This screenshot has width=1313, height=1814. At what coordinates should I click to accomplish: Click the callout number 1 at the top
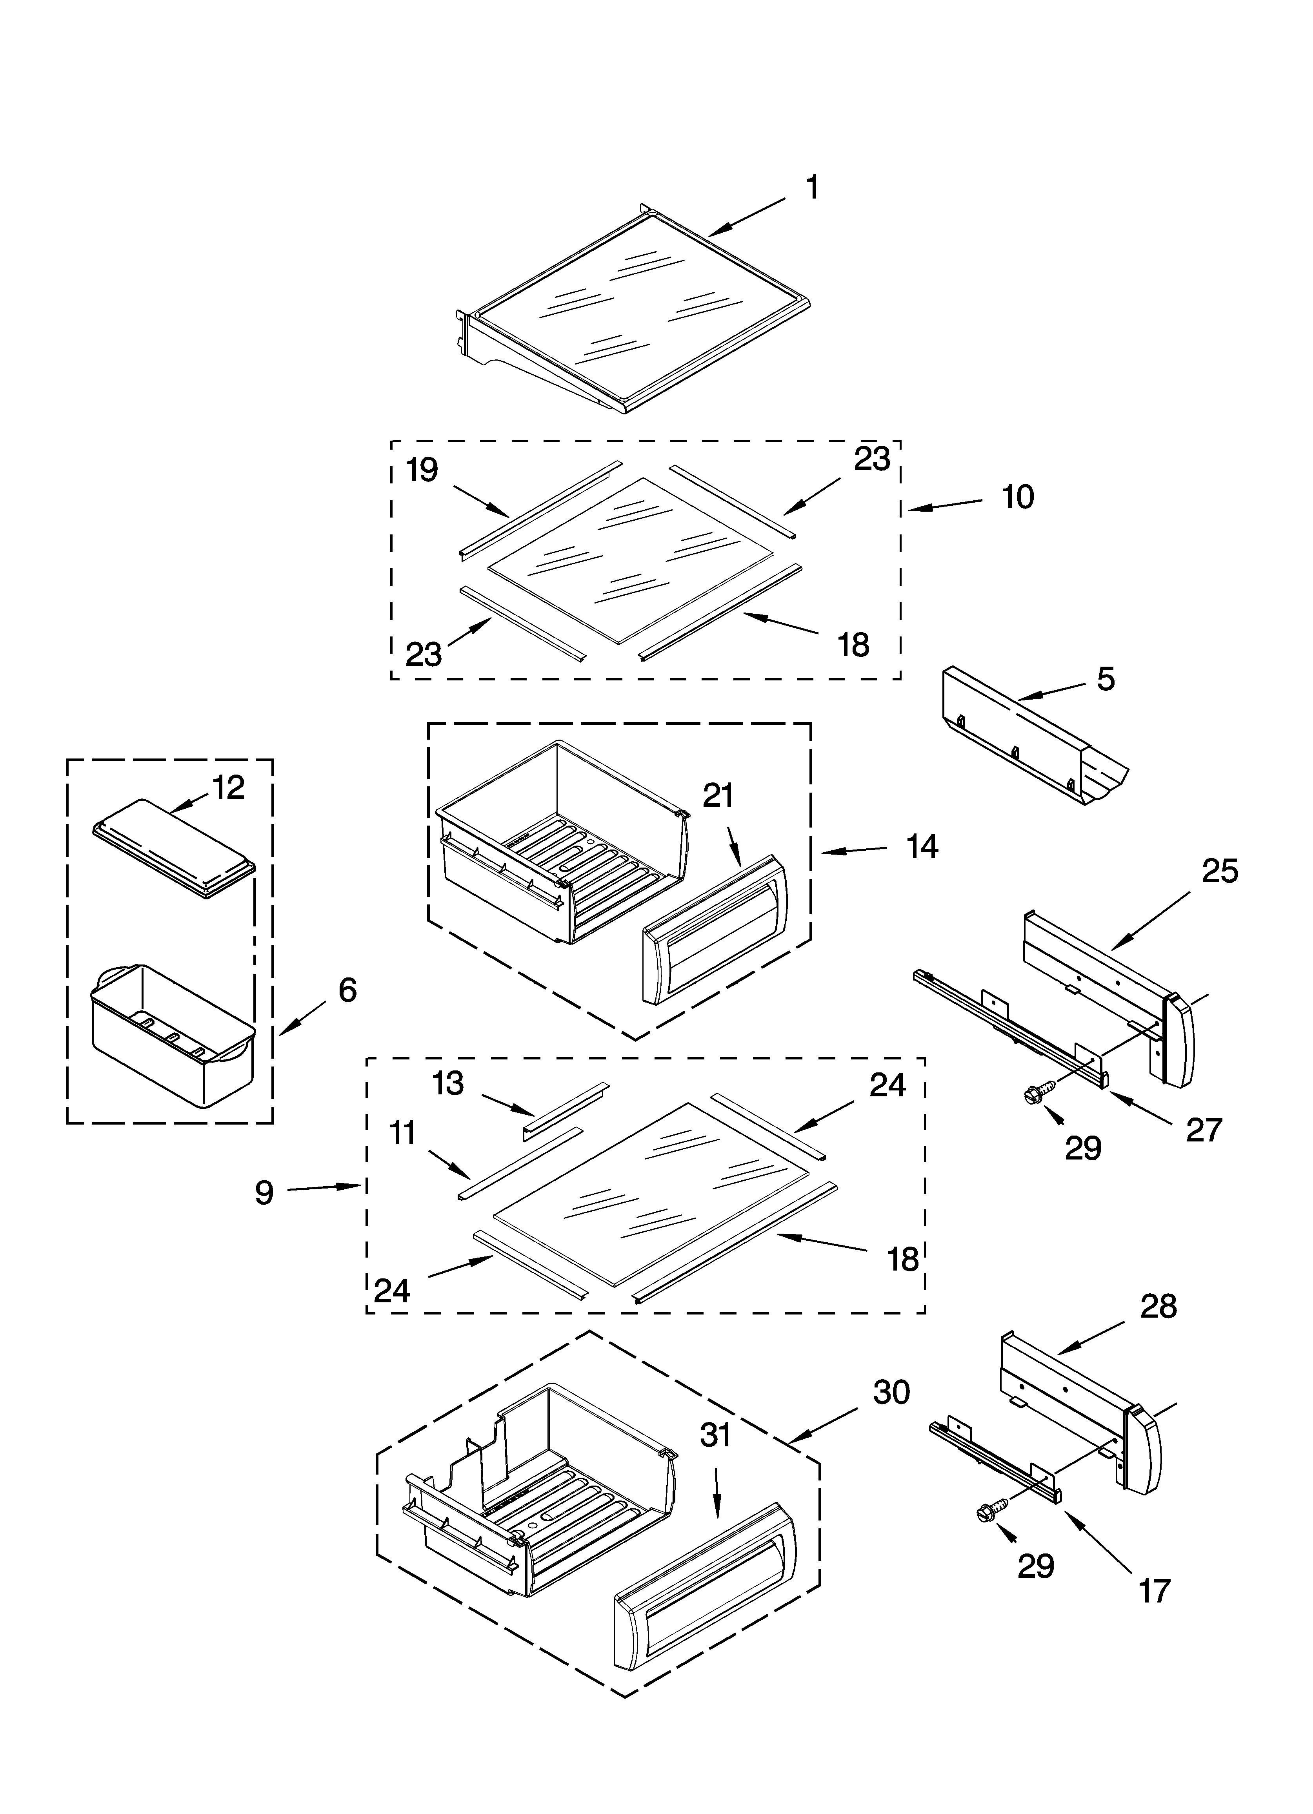[x=812, y=189]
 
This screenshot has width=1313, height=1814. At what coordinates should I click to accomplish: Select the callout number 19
[x=422, y=470]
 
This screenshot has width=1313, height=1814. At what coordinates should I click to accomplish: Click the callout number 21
[x=718, y=796]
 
